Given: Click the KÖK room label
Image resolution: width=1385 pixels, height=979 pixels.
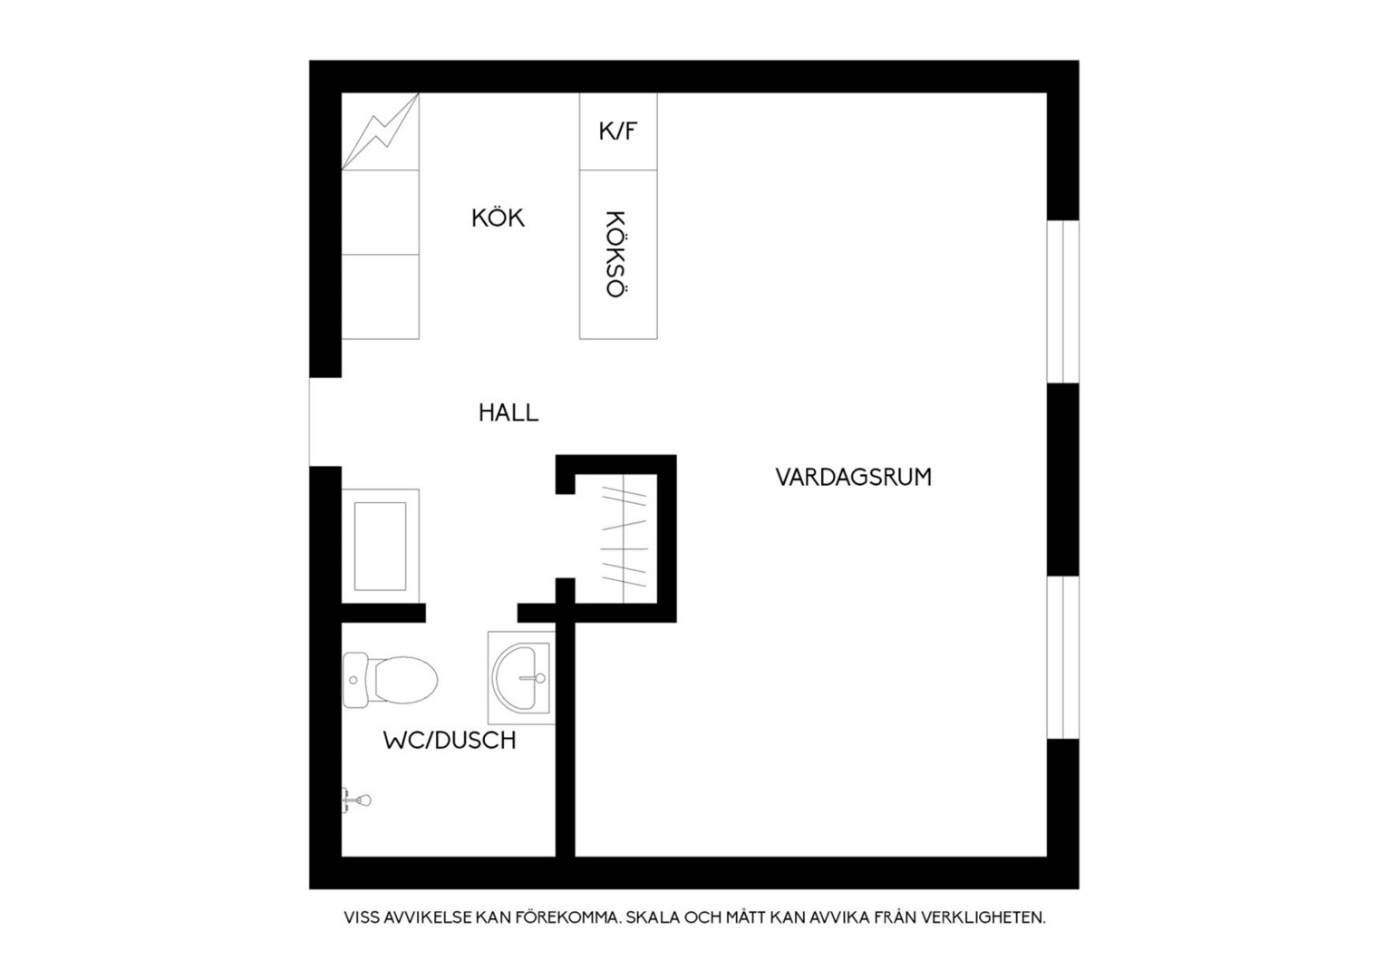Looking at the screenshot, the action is pos(498,218).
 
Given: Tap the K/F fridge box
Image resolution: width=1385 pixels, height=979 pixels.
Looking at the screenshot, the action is pos(617,131).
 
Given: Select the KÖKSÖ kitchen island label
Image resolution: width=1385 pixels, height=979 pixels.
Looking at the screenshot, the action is pos(615,254).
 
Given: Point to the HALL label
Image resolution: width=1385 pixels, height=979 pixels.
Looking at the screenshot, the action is pos(508,412).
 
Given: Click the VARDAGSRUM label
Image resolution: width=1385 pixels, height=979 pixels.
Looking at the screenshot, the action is pos(853,477).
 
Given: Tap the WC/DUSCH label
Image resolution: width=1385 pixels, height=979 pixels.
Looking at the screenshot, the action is pos(450,741).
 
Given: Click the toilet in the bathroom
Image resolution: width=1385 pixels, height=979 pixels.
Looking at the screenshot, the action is pos(390,680).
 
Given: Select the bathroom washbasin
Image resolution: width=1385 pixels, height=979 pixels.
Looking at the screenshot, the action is pos(520,678).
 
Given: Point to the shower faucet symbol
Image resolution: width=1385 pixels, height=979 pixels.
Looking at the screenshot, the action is pos(357,800).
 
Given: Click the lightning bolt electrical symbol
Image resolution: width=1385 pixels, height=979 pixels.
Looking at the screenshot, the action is pos(381,131).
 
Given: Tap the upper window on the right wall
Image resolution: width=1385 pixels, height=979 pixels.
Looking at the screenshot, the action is pos(1063,301).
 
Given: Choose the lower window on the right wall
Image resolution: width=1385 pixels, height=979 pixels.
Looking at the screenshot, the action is pos(1063,657).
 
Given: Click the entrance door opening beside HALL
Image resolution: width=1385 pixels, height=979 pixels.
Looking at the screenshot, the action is pos(325,422).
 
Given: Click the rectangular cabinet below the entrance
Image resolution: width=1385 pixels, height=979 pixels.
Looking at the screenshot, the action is pos(381,546).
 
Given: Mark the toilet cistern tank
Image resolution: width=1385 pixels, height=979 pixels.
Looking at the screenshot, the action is pos(355,680).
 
